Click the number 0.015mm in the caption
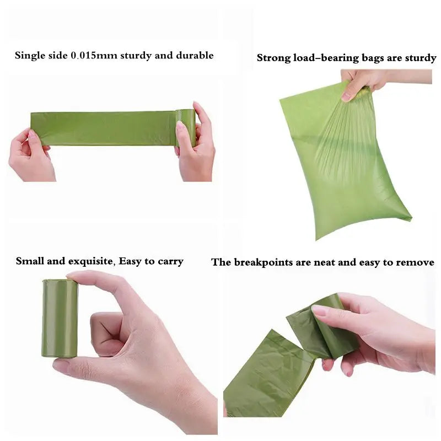(94, 56)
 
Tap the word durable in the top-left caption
(195, 55)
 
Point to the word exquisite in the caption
(92, 261)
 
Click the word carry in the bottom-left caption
(170, 262)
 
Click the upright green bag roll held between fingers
(60, 319)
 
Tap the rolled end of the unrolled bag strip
(186, 127)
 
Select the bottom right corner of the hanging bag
(412, 218)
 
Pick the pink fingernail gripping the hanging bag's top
(346, 98)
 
